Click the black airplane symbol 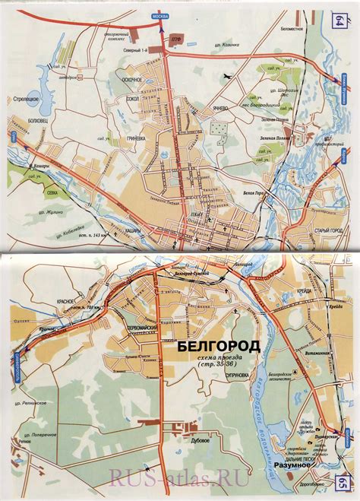click(228, 78)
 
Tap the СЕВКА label click(55, 193)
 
